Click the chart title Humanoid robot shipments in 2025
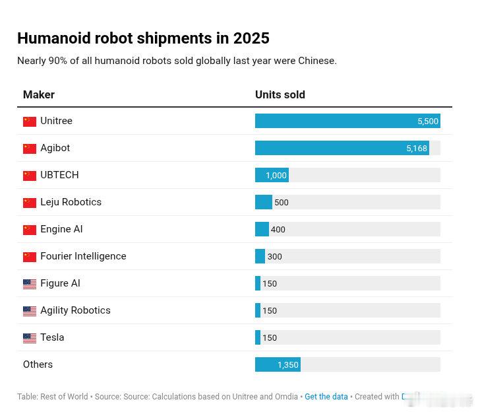(x=143, y=38)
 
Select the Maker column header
(x=39, y=94)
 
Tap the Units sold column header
(x=280, y=94)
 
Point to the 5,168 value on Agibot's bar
(x=417, y=149)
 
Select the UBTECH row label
(x=59, y=175)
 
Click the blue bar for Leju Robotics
(x=263, y=202)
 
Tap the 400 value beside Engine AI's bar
(x=278, y=230)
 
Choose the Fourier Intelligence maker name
(x=83, y=256)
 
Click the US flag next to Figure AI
(x=30, y=284)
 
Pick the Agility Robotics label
(x=75, y=310)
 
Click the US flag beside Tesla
(x=30, y=338)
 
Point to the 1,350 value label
(x=288, y=365)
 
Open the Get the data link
(x=326, y=397)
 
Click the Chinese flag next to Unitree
(x=30, y=121)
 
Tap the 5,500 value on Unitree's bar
(x=428, y=121)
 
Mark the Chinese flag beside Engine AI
(x=30, y=230)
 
